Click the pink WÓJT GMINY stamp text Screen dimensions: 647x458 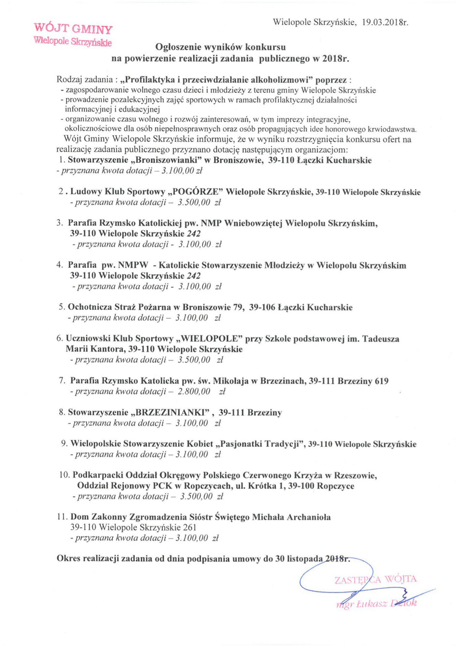tap(73, 29)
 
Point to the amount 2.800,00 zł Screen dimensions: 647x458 tap(202, 391)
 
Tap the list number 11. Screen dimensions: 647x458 tap(62, 517)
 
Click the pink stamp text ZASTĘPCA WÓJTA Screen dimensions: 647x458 tap(376, 580)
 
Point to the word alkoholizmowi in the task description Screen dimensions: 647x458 tap(282, 80)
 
